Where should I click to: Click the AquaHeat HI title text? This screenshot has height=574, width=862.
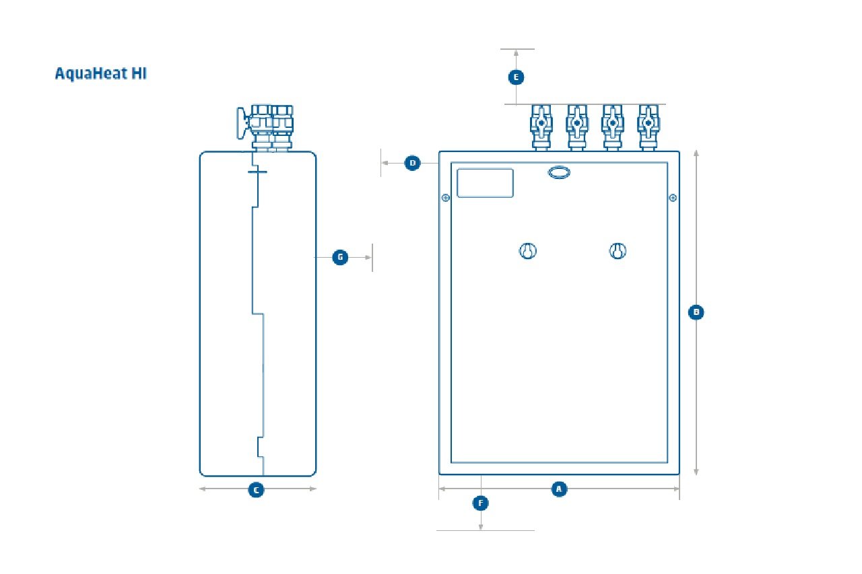100,74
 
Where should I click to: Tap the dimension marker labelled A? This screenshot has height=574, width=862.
558,489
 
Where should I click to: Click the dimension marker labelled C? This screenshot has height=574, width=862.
256,490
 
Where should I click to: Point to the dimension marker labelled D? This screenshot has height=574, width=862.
413,163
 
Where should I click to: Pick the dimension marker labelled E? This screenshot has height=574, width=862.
516,77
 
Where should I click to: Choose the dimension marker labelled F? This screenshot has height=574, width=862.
481,503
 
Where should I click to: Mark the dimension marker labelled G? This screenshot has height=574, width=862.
341,257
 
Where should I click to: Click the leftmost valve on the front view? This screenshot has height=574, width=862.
541,125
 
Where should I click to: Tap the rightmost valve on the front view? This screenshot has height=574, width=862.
647,125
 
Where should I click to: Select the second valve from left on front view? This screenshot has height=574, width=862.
576,125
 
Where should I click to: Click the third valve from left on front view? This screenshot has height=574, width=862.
611,125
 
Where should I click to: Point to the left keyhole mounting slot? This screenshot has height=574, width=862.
528,252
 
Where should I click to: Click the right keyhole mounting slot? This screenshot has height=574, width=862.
618,252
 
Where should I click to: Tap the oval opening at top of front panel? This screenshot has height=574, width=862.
559,173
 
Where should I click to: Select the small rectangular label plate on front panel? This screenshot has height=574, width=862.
485,183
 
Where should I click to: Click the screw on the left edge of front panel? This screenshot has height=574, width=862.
445,198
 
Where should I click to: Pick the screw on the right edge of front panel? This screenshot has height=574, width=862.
672,198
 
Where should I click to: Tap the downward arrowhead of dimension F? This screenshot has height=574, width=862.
481,527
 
